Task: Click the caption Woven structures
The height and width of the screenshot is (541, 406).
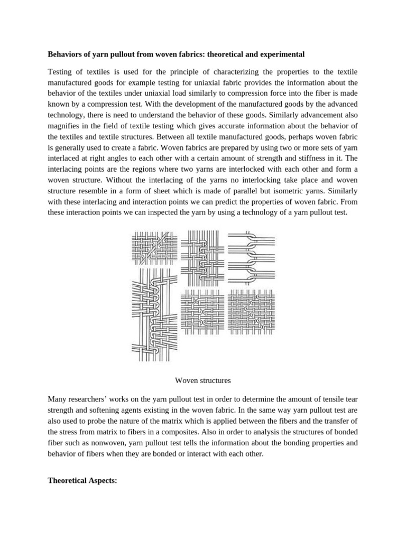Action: [x=202, y=380]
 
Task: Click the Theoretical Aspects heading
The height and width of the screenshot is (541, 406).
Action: [x=82, y=480]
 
